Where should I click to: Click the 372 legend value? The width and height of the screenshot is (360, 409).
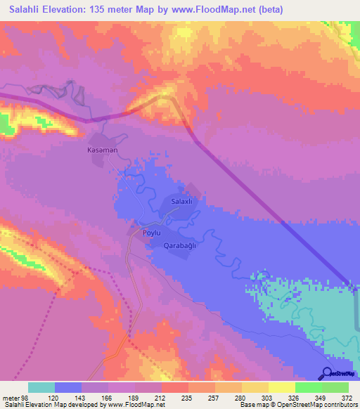tap(347, 397)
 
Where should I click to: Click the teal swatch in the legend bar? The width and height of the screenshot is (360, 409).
tap(41, 387)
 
